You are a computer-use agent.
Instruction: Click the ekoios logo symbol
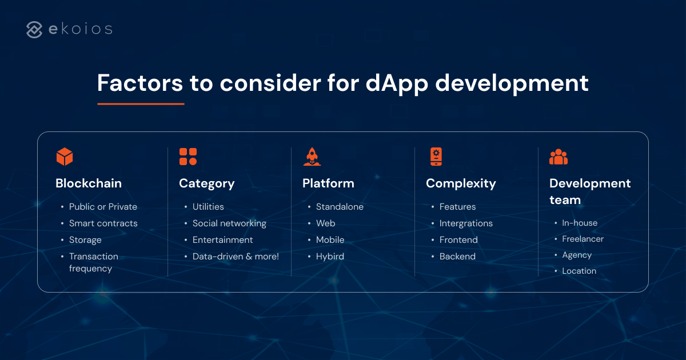[34, 30]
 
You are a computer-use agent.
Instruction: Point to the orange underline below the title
[141, 104]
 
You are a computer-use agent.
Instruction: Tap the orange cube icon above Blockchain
[65, 157]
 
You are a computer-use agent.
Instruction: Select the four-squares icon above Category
[188, 157]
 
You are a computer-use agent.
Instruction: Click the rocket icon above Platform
[312, 157]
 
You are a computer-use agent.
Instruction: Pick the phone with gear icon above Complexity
[436, 157]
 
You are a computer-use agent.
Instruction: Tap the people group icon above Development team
[559, 157]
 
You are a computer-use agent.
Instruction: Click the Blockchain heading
[89, 183]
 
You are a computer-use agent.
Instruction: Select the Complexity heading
[461, 183]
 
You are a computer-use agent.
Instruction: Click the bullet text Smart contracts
[103, 223]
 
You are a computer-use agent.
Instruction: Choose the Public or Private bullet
[103, 207]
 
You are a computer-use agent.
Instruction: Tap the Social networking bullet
[229, 223]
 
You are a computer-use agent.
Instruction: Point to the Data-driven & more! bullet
[236, 257]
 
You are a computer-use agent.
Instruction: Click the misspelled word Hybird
[330, 257]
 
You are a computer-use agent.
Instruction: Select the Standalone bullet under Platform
[340, 207]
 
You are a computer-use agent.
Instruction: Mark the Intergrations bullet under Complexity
[466, 223]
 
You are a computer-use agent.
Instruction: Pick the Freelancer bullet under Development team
[583, 239]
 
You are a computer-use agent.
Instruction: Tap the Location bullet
[579, 271]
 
